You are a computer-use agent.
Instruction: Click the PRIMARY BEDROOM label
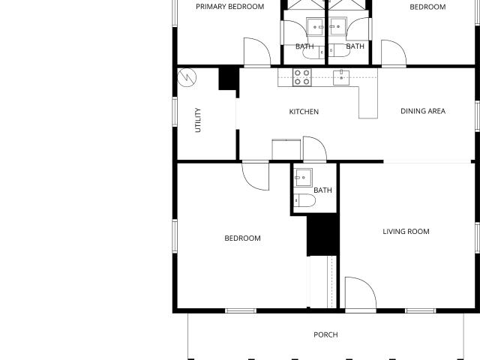pyautogui.click(x=230, y=7)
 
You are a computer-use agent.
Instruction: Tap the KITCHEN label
pyautogui.click(x=304, y=112)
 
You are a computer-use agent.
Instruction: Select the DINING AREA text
pyautogui.click(x=423, y=111)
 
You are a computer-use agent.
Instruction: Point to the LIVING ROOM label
pyautogui.click(x=406, y=232)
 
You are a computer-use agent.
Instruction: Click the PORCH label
pyautogui.click(x=325, y=334)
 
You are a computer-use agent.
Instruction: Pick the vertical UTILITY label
pyautogui.click(x=198, y=120)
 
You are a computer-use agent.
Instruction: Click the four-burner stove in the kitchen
pyautogui.click(x=301, y=77)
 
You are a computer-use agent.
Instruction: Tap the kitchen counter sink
pyautogui.click(x=341, y=77)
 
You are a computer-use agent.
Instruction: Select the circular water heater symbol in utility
pyautogui.click(x=187, y=77)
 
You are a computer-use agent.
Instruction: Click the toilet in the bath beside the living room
pyautogui.click(x=304, y=201)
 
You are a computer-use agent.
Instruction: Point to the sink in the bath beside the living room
pyautogui.click(x=303, y=177)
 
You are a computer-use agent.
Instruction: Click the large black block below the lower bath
pyautogui.click(x=322, y=235)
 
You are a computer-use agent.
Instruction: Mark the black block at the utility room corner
pyautogui.click(x=228, y=79)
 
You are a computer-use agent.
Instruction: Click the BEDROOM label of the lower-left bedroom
pyautogui.click(x=242, y=238)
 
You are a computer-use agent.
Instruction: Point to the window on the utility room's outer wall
pyautogui.click(x=175, y=112)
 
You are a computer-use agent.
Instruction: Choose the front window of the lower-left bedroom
pyautogui.click(x=241, y=310)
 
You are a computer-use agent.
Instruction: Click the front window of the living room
pyautogui.click(x=420, y=310)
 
